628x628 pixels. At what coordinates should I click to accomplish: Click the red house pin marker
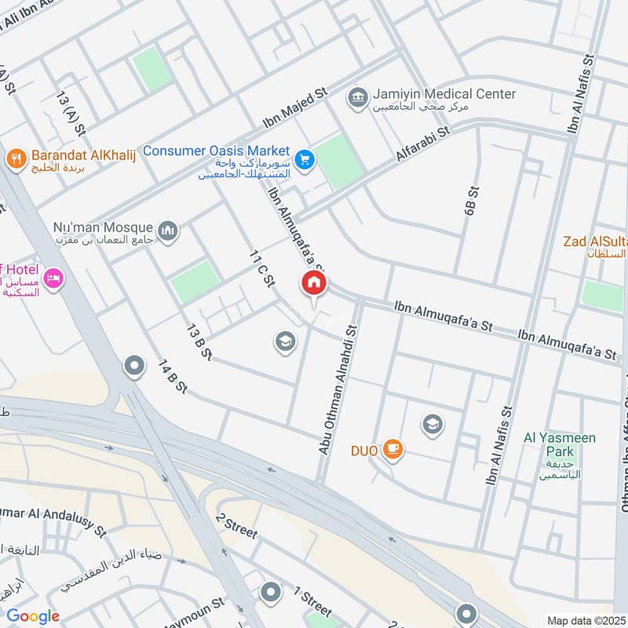[314, 284]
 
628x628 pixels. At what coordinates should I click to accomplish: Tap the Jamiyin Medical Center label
[444, 94]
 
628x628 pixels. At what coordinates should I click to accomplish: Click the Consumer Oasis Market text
[217, 151]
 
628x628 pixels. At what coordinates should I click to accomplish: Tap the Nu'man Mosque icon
[168, 231]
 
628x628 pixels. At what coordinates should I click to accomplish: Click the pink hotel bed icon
[53, 279]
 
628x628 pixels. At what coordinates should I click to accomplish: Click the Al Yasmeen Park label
[560, 444]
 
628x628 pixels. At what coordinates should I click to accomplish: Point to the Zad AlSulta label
[595, 241]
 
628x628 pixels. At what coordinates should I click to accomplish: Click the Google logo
[33, 615]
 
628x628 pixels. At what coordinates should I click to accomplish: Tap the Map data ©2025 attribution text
[584, 620]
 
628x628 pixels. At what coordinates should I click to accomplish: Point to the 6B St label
[471, 202]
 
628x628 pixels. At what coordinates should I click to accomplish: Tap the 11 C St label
[261, 268]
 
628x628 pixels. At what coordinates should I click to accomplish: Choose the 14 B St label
[173, 377]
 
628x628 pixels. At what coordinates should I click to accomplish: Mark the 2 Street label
[236, 527]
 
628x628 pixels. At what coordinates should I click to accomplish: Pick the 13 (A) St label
[70, 110]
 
